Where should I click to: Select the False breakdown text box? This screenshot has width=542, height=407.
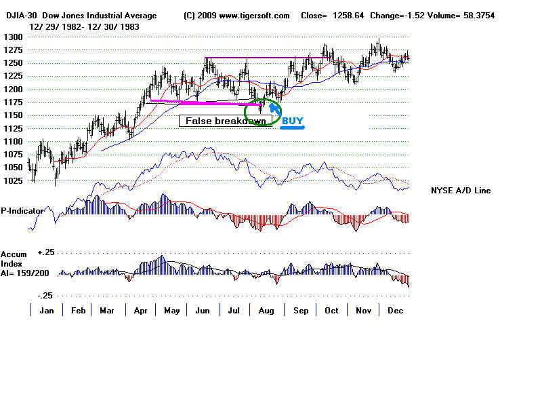[226, 120]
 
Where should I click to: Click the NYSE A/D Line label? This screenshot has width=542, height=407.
[461, 191]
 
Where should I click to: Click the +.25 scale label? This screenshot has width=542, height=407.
[46, 252]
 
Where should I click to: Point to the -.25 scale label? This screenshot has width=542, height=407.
[46, 296]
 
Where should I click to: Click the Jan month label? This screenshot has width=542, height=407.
[47, 311]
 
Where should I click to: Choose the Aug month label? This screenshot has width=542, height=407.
[267, 311]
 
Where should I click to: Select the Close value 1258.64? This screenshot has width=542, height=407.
[353, 16]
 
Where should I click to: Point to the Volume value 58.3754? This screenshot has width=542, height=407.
[474, 16]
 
